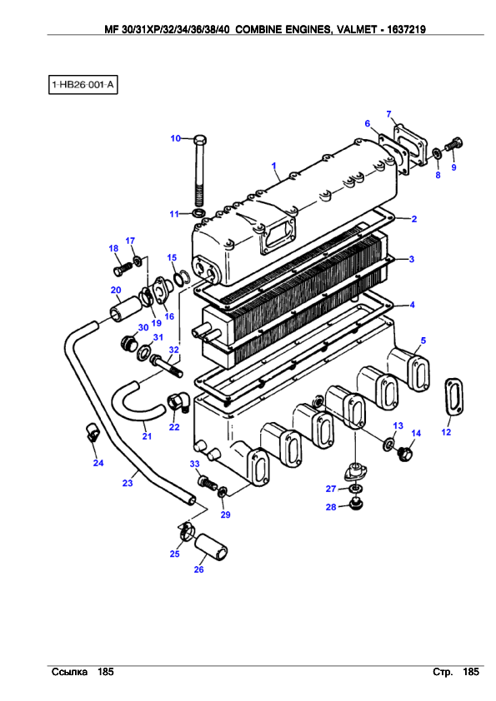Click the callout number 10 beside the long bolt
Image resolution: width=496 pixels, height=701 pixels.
[175, 138]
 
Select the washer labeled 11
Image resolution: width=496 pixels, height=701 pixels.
[199, 211]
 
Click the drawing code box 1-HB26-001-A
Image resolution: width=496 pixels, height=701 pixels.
[83, 84]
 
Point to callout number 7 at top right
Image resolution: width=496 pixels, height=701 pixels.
[388, 114]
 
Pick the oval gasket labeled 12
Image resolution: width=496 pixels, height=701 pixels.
[453, 397]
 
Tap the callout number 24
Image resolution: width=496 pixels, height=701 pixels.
[98, 463]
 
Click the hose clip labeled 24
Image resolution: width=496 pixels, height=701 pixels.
[92, 431]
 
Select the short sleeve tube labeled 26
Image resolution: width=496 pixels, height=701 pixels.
[211, 546]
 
